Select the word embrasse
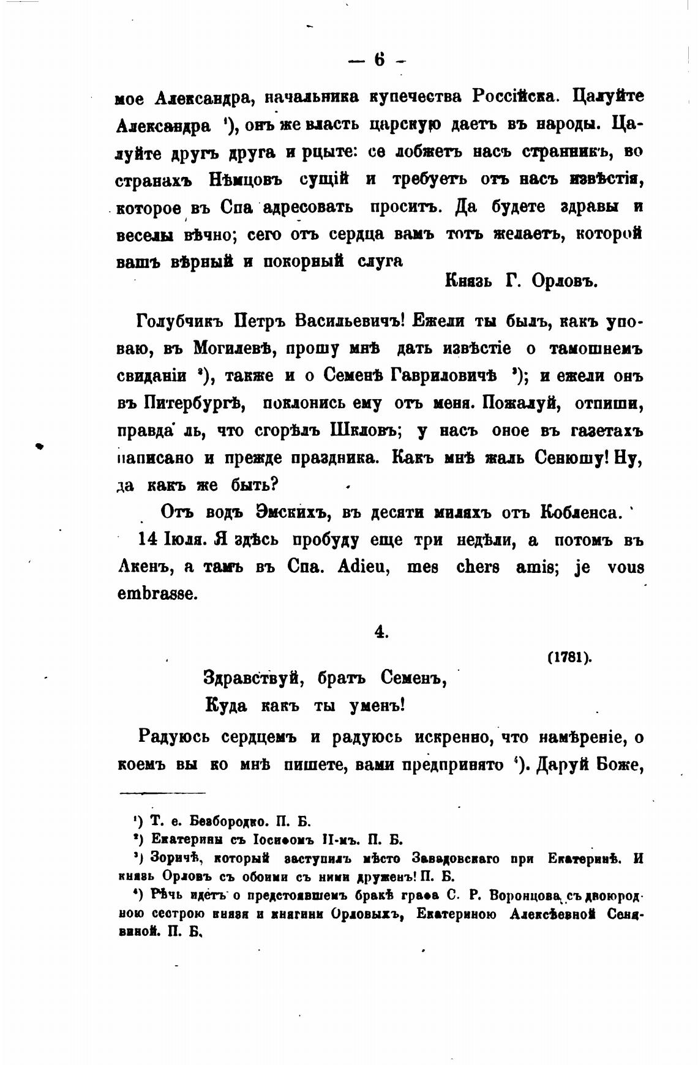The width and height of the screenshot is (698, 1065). (x=157, y=594)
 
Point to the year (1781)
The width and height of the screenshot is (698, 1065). (x=569, y=657)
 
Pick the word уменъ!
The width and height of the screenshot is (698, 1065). (x=377, y=705)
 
